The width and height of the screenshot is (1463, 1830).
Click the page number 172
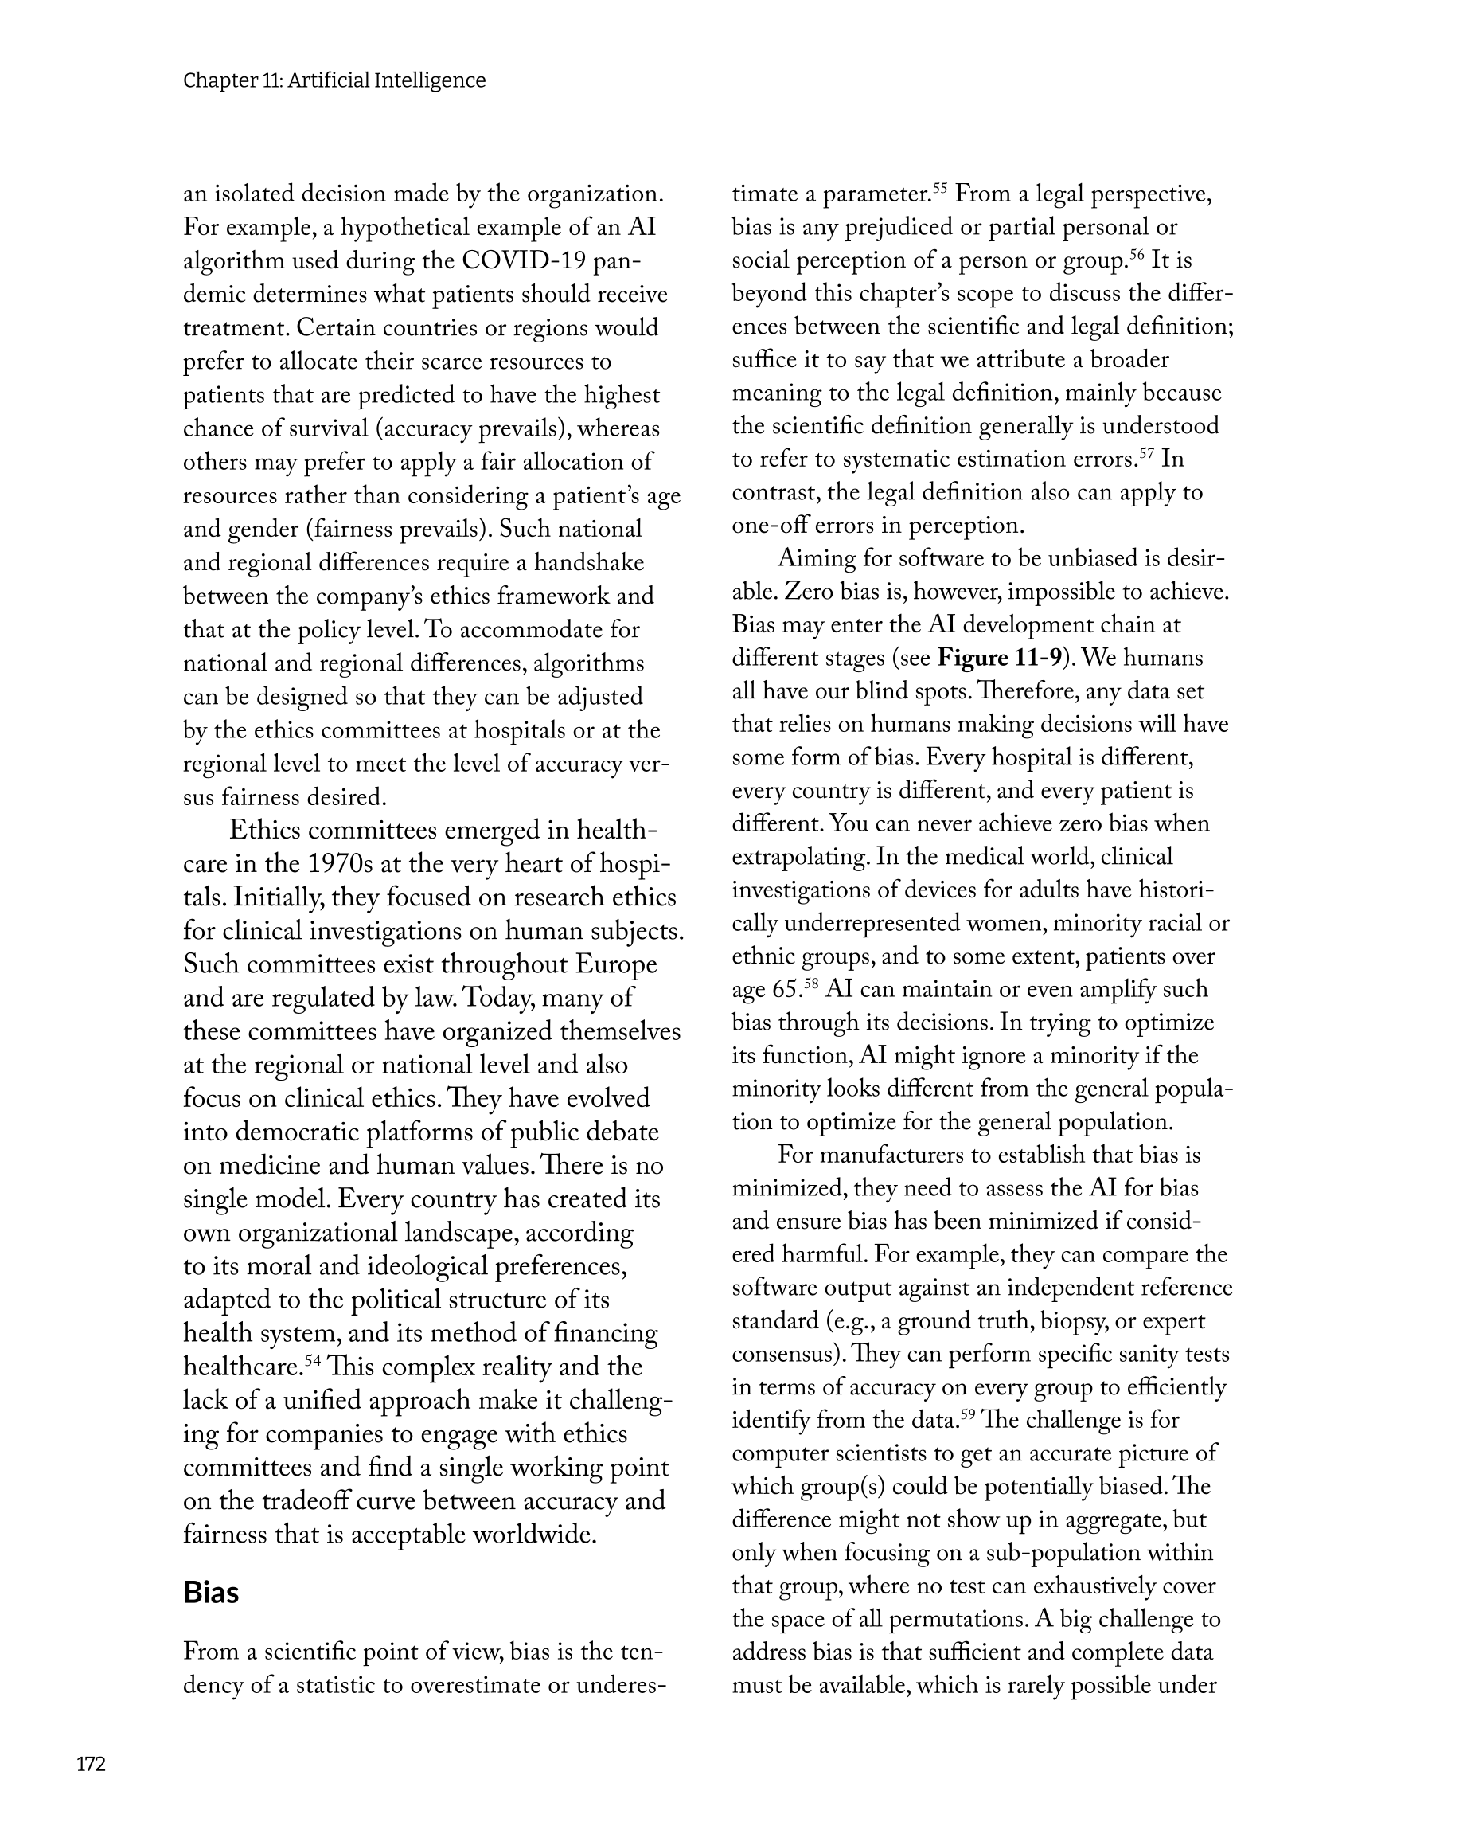[x=91, y=1765]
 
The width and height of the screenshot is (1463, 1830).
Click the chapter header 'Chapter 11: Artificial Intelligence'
[x=334, y=80]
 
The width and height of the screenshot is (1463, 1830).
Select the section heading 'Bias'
[x=210, y=1593]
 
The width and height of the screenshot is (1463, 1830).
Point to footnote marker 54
[x=312, y=1361]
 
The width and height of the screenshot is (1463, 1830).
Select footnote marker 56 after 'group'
[x=1137, y=254]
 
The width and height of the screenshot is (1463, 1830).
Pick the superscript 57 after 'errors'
[x=1146, y=452]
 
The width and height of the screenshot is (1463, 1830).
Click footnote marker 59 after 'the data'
[x=967, y=1414]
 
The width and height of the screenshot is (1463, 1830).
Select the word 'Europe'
[x=616, y=964]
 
